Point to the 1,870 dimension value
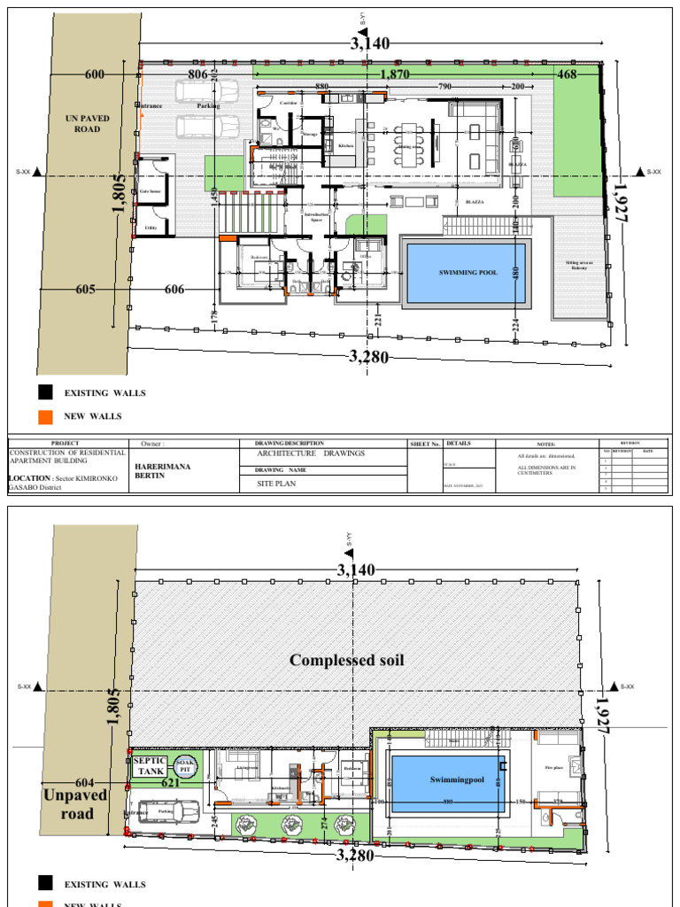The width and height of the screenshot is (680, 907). (394, 75)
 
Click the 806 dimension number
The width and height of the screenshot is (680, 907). (198, 75)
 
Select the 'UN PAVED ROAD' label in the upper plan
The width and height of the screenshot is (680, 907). (87, 123)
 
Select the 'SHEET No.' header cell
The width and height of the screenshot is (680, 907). (425, 444)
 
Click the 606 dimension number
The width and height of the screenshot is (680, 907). (174, 290)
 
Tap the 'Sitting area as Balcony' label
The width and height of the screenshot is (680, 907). (579, 265)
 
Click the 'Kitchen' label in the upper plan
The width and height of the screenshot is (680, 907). (345, 144)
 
